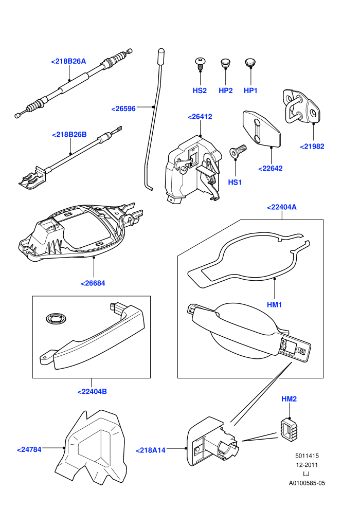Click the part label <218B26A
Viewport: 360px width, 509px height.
click(x=68, y=61)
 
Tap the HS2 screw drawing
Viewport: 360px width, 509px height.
click(x=200, y=63)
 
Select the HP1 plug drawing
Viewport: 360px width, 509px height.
click(x=250, y=62)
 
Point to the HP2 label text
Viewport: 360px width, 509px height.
click(x=226, y=90)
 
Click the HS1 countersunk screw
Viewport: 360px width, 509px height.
click(x=238, y=151)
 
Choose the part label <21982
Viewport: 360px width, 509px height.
click(x=312, y=147)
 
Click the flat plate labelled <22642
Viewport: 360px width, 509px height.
click(x=261, y=129)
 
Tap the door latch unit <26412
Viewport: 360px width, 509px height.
click(x=193, y=169)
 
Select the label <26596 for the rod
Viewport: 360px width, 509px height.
click(x=123, y=109)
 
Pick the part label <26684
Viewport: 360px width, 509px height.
click(x=93, y=283)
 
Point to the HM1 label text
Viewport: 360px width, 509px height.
click(x=274, y=305)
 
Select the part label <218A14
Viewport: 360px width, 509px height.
click(x=150, y=450)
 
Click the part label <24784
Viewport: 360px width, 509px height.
click(x=29, y=449)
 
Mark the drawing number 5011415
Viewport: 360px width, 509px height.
click(x=307, y=456)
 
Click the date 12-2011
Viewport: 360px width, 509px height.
click(x=307, y=465)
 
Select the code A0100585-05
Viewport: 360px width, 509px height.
click(x=307, y=483)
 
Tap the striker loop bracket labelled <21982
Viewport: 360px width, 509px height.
click(x=302, y=106)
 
